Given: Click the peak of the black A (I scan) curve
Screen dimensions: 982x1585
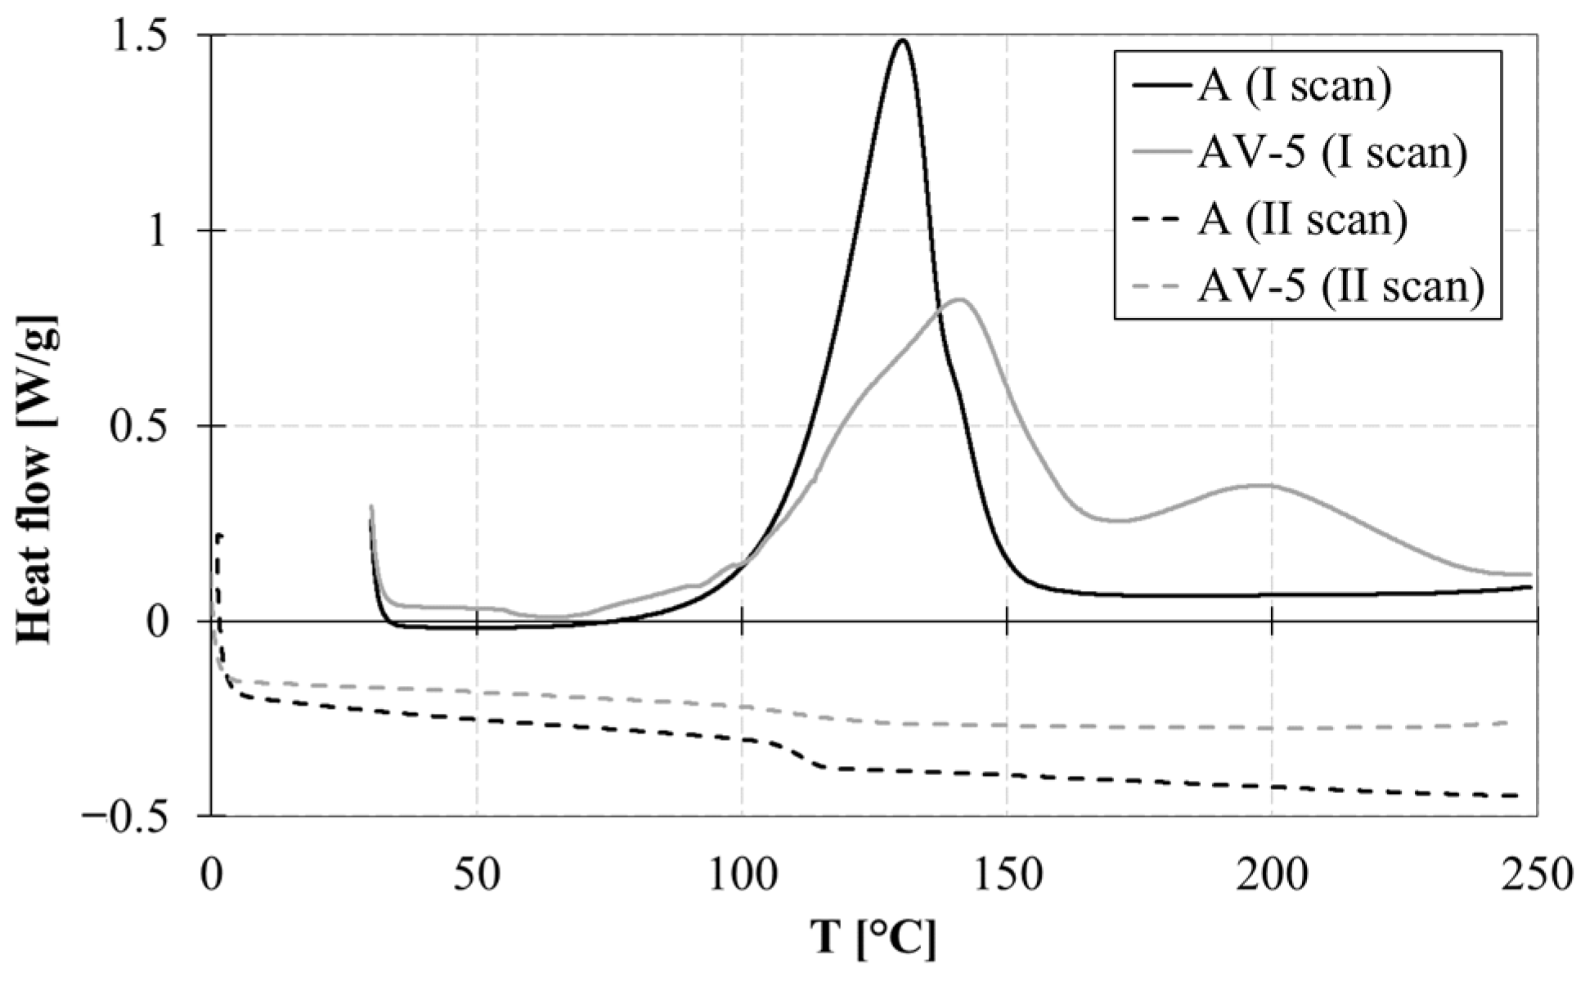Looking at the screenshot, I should click(902, 40).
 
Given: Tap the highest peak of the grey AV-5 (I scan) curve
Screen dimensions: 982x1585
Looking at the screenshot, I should click(960, 299).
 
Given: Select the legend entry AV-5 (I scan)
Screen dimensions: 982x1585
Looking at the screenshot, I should click(1332, 155).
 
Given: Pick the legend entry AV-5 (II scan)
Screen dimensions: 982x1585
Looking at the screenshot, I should click(1340, 287).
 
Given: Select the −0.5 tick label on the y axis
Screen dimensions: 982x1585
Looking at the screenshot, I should click(140, 816).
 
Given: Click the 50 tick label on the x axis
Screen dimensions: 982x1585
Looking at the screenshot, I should click(477, 876).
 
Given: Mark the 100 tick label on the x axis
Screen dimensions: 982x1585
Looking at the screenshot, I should click(742, 876).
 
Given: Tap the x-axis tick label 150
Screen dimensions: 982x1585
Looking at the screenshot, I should click(1007, 876).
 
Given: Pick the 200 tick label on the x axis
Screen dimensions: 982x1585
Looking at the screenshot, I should click(1272, 876).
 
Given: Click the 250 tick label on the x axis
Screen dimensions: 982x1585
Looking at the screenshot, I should click(1536, 876).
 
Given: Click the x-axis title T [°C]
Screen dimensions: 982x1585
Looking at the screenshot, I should click(873, 939).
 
